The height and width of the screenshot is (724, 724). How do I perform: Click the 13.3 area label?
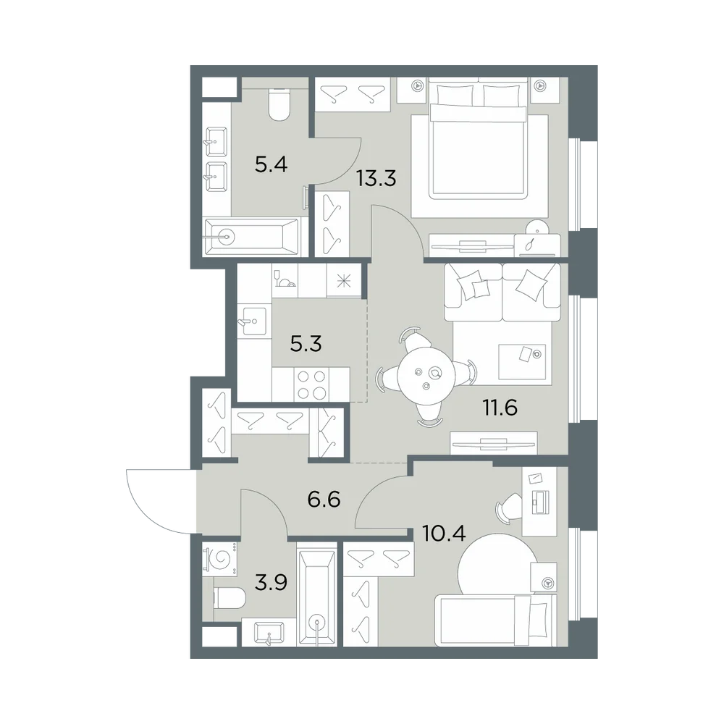point(376,178)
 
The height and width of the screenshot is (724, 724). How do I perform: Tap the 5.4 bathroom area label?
point(271,164)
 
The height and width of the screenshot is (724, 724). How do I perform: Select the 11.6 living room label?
point(500,408)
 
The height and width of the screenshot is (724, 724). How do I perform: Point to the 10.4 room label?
point(444,533)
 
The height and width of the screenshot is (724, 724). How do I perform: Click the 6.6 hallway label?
point(324,499)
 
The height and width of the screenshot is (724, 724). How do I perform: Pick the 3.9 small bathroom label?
point(271,583)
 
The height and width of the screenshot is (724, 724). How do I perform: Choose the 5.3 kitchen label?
point(306,344)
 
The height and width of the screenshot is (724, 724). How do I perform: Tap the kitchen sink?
point(252,321)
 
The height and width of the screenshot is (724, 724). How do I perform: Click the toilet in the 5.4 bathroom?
point(279,105)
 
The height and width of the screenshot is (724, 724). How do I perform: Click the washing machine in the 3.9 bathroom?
point(220,558)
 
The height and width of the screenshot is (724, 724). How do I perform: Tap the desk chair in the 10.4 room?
point(508,509)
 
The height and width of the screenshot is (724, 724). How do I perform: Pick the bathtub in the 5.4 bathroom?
point(251,237)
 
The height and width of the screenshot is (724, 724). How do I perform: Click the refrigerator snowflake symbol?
point(343,281)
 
